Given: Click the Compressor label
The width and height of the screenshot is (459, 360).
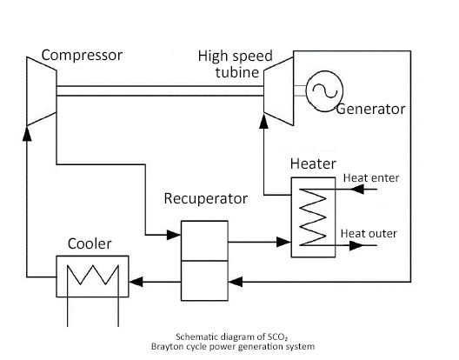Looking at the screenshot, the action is pyautogui.click(x=82, y=55).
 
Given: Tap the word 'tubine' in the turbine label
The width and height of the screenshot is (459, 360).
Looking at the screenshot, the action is pyautogui.click(x=237, y=72).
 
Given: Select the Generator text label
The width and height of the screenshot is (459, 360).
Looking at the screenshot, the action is pyautogui.click(x=370, y=109).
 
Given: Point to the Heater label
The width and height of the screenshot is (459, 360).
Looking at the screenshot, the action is pyautogui.click(x=313, y=163).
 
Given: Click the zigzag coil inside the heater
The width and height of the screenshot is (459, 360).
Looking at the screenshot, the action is pyautogui.click(x=313, y=217).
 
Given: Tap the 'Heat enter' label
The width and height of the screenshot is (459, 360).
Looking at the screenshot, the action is pyautogui.click(x=371, y=177).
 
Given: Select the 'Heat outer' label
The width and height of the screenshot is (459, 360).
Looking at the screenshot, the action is pyautogui.click(x=369, y=233).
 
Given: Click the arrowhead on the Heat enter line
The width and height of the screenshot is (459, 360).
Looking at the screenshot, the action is pyautogui.click(x=357, y=189).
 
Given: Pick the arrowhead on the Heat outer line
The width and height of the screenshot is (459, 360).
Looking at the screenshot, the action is pyautogui.click(x=356, y=245).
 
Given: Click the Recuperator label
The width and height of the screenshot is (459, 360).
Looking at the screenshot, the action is pyautogui.click(x=205, y=198).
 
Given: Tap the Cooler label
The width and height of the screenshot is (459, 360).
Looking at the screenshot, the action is pyautogui.click(x=90, y=243).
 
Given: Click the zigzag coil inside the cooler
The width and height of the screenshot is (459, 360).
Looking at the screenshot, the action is pyautogui.click(x=93, y=275).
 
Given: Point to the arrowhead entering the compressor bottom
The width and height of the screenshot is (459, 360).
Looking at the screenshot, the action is pyautogui.click(x=27, y=134).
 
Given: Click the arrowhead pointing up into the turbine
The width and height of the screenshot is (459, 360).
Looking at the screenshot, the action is pyautogui.click(x=263, y=121).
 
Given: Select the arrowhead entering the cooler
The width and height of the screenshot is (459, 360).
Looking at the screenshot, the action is pyautogui.click(x=136, y=282).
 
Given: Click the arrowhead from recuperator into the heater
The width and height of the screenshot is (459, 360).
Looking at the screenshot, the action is pyautogui.click(x=283, y=242).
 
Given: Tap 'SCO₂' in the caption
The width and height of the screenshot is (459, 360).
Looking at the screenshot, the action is pyautogui.click(x=277, y=337).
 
